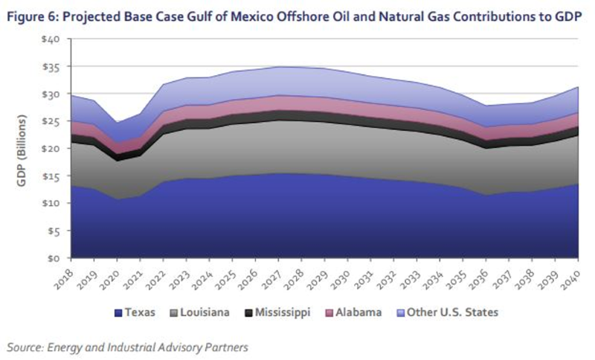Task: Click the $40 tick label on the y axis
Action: pos(50,39)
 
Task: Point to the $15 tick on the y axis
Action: pos(50,176)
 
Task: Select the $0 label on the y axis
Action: pos(53,258)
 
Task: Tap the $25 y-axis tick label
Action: pos(50,121)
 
